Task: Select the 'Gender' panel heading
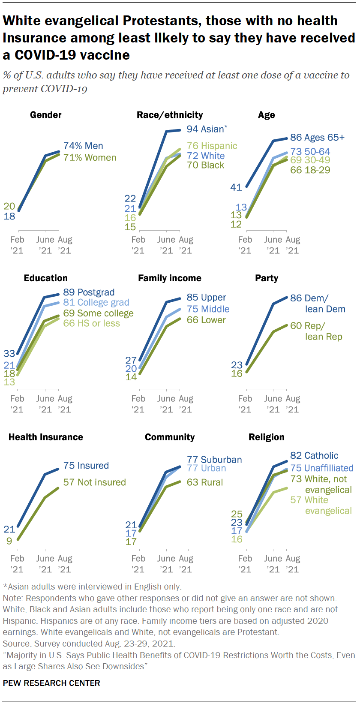pyautogui.click(x=46, y=115)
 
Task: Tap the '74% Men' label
pyautogui.click(x=83, y=146)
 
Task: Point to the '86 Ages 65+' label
pyautogui.click(x=317, y=138)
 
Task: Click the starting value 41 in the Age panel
pyautogui.click(x=236, y=187)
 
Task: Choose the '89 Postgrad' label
pyautogui.click(x=89, y=292)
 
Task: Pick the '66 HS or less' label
pyautogui.click(x=91, y=323)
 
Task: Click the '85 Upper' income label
pyautogui.click(x=206, y=298)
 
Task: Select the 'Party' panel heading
pyautogui.click(x=267, y=278)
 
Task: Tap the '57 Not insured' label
pyautogui.click(x=94, y=482)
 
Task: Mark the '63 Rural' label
pyautogui.click(x=204, y=482)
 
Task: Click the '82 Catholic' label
pyautogui.click(x=314, y=456)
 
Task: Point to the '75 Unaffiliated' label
pyautogui.click(x=321, y=468)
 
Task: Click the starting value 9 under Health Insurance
pyautogui.click(x=9, y=541)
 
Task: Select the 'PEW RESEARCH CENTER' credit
pyautogui.click(x=51, y=683)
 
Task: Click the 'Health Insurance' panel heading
pyautogui.click(x=46, y=437)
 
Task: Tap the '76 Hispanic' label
pyautogui.click(x=212, y=146)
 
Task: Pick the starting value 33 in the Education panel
pyautogui.click(x=9, y=354)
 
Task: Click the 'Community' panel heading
pyautogui.click(x=170, y=437)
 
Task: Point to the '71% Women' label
pyautogui.click(x=90, y=158)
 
